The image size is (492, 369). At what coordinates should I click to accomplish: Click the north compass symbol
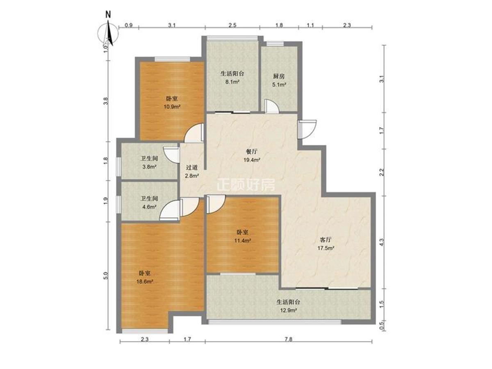click(108, 34)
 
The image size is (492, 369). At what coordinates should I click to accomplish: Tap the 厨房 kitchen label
click(279, 76)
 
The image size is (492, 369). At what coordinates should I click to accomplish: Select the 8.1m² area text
click(232, 82)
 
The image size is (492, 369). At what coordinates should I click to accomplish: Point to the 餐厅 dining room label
click(252, 152)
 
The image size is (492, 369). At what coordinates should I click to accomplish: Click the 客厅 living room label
click(326, 240)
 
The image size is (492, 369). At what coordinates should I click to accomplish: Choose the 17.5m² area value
click(326, 248)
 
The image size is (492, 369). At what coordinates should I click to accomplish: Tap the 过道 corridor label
click(192, 167)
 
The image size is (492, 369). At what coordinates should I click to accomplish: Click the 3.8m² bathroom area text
click(149, 167)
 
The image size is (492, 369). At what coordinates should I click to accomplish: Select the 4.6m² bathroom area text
click(149, 207)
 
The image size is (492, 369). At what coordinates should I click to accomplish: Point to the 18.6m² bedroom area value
click(145, 282)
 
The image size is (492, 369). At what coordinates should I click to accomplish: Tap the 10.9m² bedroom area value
click(172, 107)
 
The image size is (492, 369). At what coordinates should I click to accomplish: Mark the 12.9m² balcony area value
click(288, 310)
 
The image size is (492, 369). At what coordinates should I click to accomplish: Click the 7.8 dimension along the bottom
click(289, 339)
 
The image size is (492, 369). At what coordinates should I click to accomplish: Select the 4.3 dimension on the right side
click(382, 242)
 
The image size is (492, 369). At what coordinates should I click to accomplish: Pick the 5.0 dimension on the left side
click(106, 276)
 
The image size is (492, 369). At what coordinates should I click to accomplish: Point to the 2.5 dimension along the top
click(232, 25)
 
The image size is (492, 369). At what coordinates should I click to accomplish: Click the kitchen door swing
click(272, 105)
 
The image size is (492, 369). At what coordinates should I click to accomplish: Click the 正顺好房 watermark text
click(246, 185)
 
